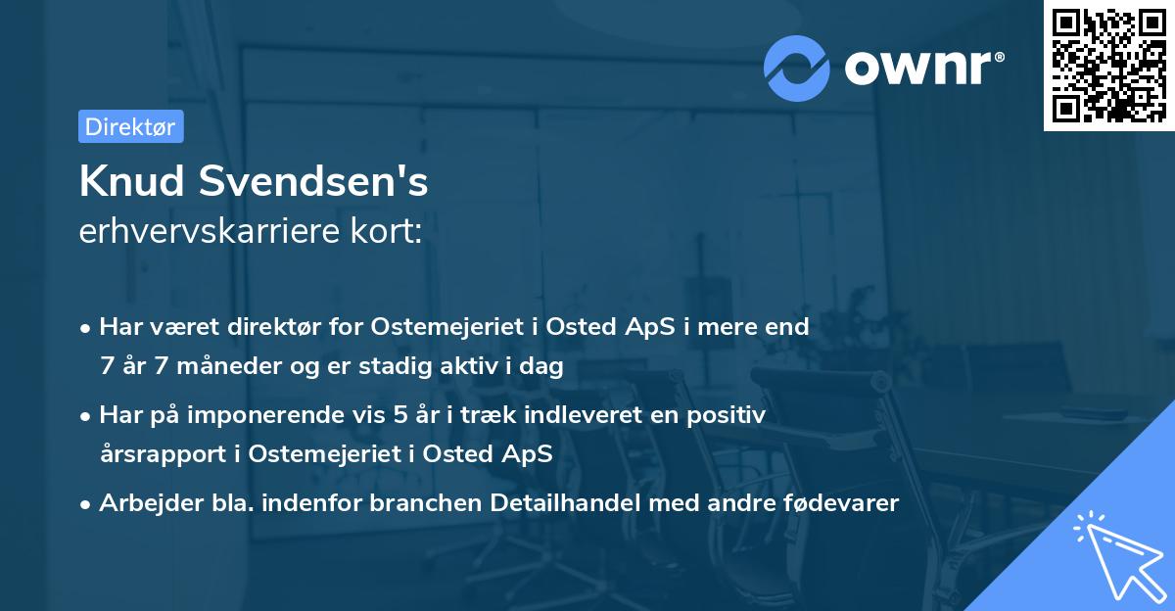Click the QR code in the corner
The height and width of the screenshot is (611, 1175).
click(x=1108, y=66)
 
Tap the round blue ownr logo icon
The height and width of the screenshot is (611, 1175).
click(x=797, y=67)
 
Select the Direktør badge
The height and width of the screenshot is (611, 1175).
click(x=130, y=126)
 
